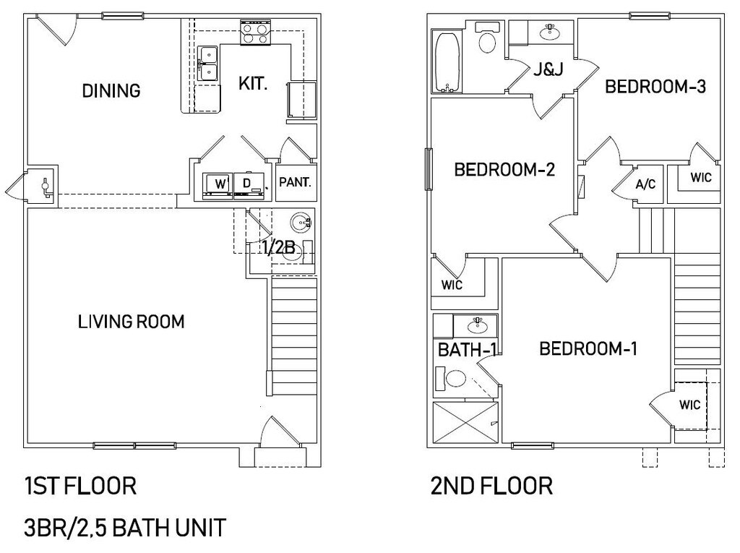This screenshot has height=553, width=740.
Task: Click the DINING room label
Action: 111,91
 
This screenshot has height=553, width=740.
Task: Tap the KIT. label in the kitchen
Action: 253,84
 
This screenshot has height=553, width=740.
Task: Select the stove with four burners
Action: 254,33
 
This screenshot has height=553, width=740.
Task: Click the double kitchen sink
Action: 209,63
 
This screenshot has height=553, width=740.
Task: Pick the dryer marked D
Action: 248,184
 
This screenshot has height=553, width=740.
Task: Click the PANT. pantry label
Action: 295,182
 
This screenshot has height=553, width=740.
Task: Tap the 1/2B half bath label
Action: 279,248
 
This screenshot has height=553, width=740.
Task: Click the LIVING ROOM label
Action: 131,322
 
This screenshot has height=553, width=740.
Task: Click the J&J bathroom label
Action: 548,70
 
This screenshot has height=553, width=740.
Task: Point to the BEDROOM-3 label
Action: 655,87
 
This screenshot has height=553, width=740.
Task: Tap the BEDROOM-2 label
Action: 504,170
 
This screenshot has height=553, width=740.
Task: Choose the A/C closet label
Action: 645,184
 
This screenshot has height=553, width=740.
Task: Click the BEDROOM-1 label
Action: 588,349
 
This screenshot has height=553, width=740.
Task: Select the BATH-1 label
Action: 468,351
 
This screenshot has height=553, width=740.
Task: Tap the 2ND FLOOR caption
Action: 491,486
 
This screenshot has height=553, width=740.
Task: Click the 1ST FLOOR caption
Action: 80,486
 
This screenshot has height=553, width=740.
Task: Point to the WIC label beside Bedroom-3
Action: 700,176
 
